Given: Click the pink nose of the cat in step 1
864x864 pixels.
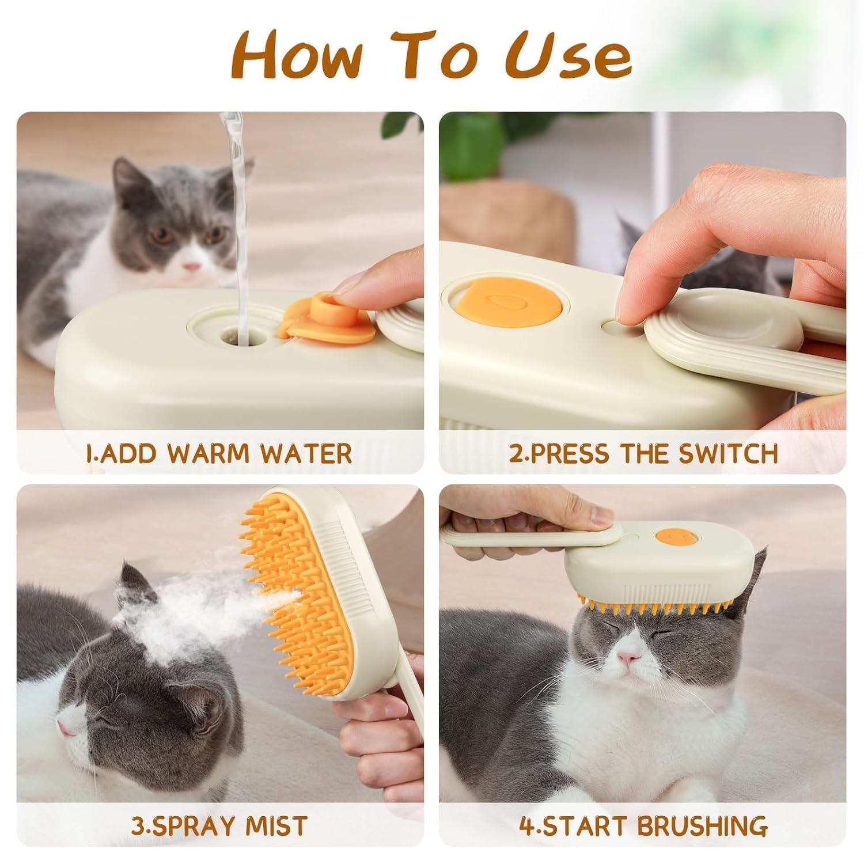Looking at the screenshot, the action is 192,267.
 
